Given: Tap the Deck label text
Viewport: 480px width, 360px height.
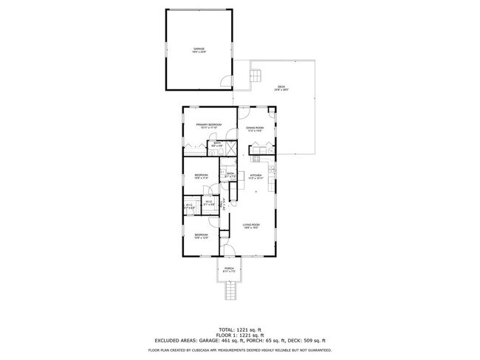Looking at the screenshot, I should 281,88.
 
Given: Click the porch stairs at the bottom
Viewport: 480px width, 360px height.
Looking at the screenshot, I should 230,292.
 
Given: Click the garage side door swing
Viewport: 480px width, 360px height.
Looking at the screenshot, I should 227,80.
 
